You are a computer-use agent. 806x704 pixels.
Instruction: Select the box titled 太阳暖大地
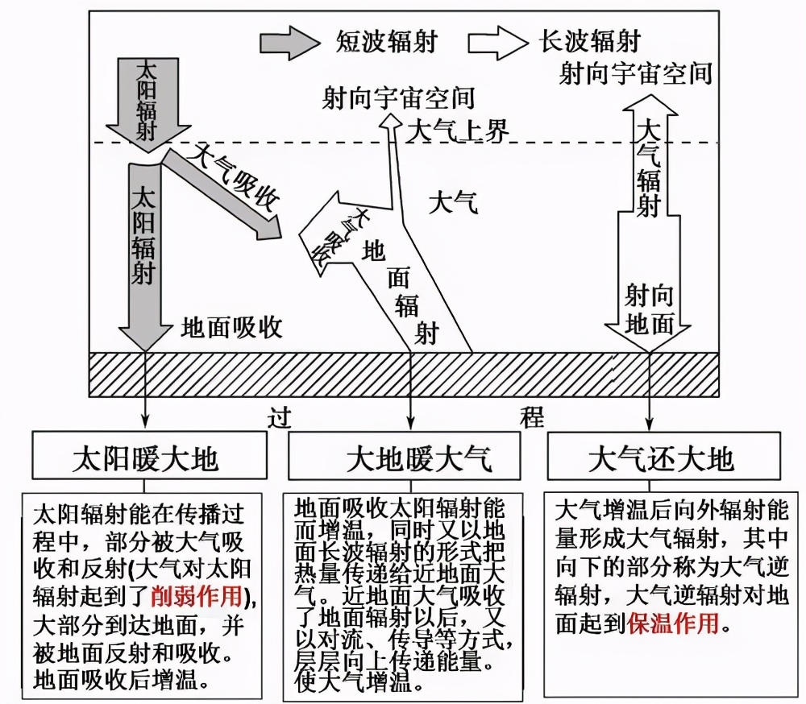pyautogui.click(x=144, y=458)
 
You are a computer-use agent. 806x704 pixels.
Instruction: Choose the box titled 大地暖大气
pyautogui.click(x=411, y=458)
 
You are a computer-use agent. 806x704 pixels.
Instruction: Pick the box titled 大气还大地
pyautogui.click(x=661, y=458)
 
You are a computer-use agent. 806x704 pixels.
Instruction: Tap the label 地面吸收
pyautogui.click(x=231, y=327)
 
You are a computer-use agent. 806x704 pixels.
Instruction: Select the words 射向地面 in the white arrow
pyautogui.click(x=649, y=309)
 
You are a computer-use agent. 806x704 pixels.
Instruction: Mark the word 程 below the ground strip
pyautogui.click(x=531, y=417)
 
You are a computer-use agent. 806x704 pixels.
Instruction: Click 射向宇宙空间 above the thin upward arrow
pyautogui.click(x=397, y=98)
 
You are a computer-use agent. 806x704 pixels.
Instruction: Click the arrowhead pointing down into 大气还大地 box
pyautogui.click(x=649, y=421)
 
